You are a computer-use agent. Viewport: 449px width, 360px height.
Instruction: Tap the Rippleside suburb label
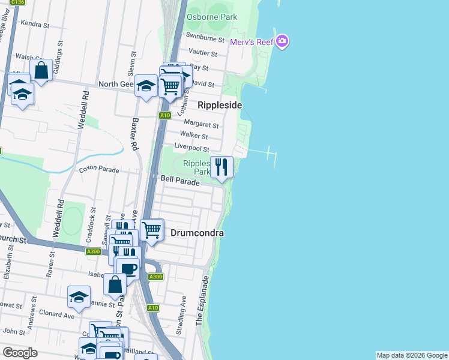220,105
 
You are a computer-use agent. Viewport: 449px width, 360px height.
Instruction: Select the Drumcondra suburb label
197,233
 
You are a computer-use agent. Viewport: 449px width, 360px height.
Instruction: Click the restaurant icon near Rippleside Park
222,167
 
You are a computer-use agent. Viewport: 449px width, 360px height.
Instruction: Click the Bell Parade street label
180,179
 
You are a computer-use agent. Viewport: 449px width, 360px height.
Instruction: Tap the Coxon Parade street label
99,170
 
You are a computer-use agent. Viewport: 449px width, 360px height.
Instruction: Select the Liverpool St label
191,148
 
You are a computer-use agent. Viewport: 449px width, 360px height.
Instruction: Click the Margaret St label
201,124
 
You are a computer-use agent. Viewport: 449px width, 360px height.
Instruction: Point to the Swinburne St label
205,38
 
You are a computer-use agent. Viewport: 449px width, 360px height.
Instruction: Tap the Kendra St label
34,24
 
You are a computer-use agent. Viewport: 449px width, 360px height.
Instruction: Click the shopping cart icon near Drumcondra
152,229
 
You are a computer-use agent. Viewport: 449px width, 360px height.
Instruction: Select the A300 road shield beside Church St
93,252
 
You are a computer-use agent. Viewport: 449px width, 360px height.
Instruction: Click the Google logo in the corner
20,353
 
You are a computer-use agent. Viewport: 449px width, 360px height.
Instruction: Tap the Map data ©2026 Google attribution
412,355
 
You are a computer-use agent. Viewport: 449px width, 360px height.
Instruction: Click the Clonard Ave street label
56,314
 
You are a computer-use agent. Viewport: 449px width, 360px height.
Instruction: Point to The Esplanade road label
203,302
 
